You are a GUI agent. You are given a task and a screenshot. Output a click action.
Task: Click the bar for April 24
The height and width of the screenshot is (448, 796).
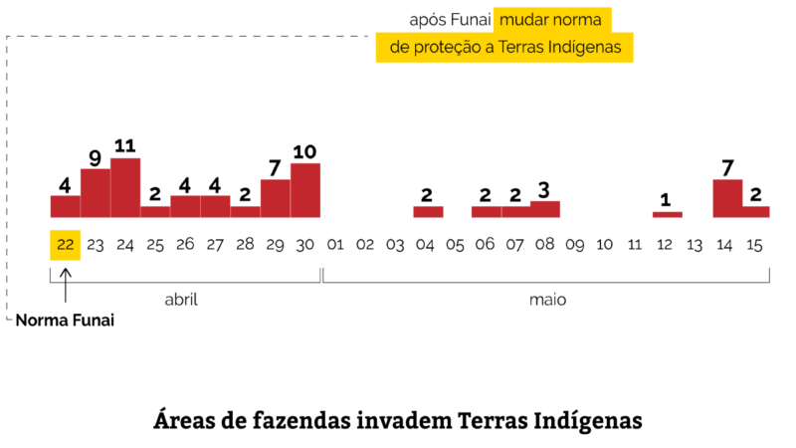pos(125,187)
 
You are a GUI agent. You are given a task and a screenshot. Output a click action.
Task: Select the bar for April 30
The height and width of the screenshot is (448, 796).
pos(305,190)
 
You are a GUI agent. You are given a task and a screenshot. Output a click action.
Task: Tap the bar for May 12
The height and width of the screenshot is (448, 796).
pos(667,214)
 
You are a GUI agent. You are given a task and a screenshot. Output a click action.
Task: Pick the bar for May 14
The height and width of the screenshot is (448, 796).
pos(727,198)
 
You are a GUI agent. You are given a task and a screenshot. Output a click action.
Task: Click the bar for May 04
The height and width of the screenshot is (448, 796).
pos(428,211)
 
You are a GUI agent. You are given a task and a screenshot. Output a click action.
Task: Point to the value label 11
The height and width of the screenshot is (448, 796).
pos(125,145)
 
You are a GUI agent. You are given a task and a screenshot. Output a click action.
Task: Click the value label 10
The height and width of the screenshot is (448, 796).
pos(304,151)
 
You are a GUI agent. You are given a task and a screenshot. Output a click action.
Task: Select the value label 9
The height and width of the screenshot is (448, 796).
pos(96,157)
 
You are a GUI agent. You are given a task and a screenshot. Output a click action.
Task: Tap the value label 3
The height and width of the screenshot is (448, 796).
pos(544,189)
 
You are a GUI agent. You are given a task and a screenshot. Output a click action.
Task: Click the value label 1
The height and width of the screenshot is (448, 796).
pos(666,200)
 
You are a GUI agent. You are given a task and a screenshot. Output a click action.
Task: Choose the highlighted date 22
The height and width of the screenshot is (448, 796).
pos(65,245)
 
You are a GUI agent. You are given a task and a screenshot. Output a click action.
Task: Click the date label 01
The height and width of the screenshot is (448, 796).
pos(335,245)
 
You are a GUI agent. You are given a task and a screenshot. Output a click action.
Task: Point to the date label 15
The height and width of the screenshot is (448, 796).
pos(754,245)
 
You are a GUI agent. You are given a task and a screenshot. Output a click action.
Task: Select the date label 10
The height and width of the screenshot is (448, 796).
pos(605,245)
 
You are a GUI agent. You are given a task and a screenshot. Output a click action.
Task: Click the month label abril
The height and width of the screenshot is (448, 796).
pos(181,299)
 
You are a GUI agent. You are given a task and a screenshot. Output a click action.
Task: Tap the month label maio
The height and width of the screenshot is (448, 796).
pos(547,299)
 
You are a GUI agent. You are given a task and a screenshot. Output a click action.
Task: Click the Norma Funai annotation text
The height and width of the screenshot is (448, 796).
pos(65,322)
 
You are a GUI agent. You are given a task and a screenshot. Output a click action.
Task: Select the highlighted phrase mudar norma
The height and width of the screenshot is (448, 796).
pos(553,20)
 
